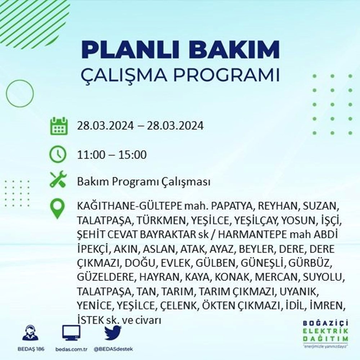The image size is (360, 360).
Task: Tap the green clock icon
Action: click(58, 155)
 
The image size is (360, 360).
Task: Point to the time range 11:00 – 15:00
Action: click(112, 155)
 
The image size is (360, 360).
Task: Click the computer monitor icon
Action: click(71, 333)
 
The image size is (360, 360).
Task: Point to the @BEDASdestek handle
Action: click(113, 350)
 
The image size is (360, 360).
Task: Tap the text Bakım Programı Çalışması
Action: click(143, 182)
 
